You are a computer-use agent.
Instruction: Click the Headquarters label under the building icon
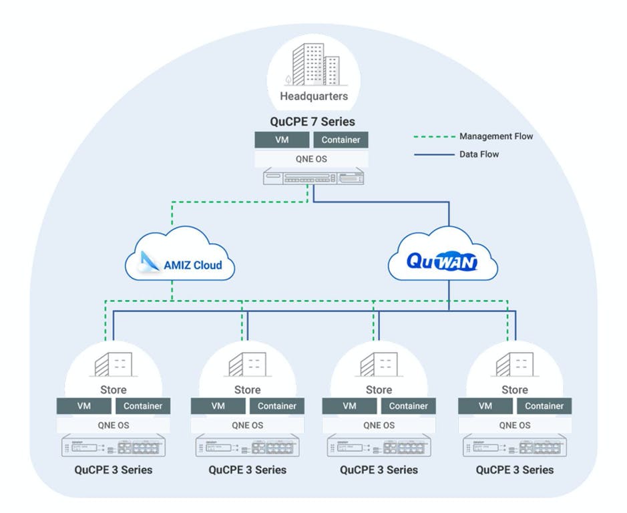point(314,96)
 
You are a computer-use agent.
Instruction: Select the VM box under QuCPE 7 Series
point(282,140)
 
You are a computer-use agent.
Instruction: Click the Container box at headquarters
point(341,140)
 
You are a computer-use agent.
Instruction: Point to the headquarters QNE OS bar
point(311,159)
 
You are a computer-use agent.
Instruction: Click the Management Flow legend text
point(496,136)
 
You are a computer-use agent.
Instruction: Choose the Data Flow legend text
point(479,154)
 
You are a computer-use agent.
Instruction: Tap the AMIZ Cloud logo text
point(192,265)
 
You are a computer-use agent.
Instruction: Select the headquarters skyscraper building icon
point(314,64)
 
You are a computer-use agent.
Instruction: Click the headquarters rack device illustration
point(313,178)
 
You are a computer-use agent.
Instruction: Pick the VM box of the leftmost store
point(84,405)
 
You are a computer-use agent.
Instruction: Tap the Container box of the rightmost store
point(544,405)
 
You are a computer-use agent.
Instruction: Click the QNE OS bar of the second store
point(247,425)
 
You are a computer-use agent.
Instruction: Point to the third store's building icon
point(379,365)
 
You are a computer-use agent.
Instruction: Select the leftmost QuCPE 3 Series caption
point(114,470)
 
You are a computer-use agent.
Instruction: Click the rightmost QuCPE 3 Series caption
point(515,470)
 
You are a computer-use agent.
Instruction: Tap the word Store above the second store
point(247,389)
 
